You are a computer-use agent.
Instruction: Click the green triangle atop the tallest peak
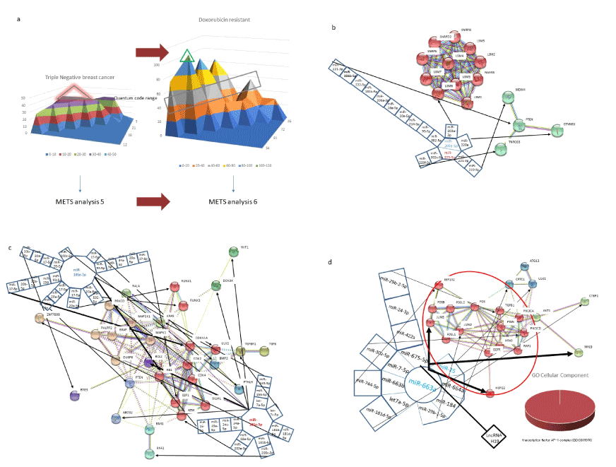pos(186,57)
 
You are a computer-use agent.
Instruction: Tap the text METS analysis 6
pos(233,203)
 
